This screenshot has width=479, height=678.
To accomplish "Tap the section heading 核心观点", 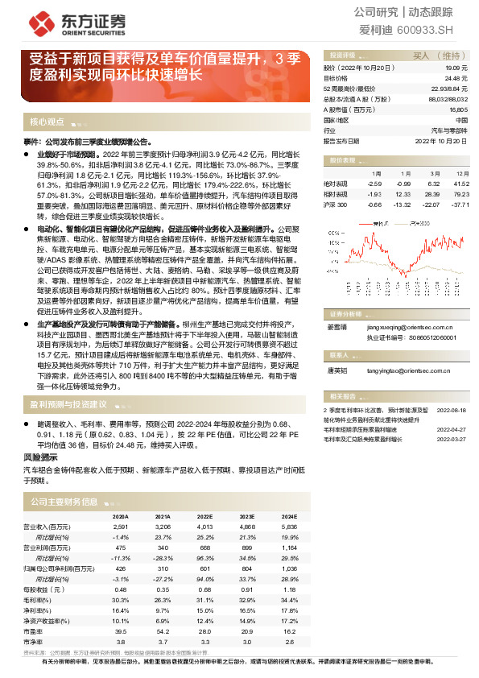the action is [47, 122].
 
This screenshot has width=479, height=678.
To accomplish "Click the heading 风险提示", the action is [38, 456].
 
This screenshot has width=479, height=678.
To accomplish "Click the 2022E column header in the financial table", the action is [204, 516].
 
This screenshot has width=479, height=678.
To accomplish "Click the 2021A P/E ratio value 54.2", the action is [163, 631].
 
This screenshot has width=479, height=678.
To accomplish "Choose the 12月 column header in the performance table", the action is [462, 174].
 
